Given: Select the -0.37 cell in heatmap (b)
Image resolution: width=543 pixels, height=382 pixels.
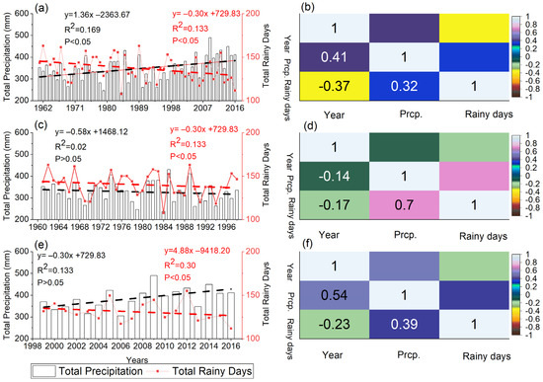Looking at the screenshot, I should [326, 99].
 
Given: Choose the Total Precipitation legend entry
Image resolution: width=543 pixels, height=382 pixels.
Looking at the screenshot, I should [87, 371].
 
